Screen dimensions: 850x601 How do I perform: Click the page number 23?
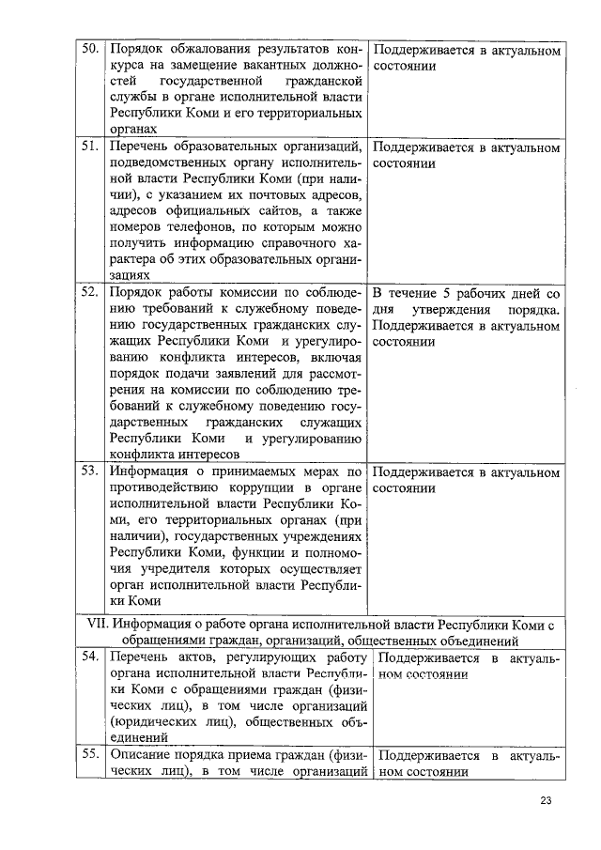click(547, 801)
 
